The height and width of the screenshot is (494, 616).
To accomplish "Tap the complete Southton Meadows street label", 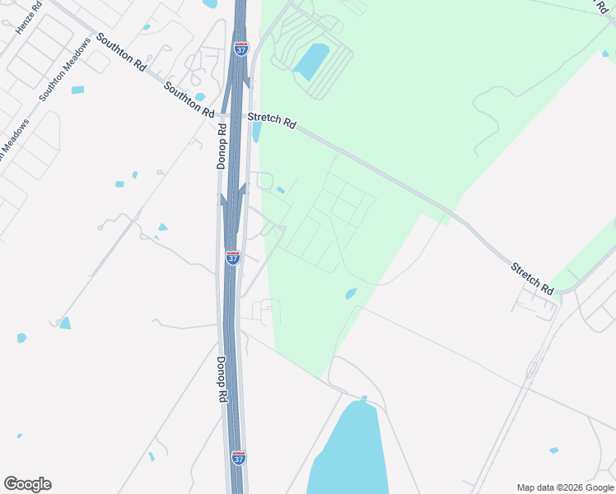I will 63,70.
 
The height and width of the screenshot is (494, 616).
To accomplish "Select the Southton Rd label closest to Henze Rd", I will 120,50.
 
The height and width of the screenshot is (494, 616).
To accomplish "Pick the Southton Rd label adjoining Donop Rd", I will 189,99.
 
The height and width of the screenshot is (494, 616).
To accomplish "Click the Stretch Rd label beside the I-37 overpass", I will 272,121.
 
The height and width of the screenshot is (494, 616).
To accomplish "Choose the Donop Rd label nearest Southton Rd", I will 222,147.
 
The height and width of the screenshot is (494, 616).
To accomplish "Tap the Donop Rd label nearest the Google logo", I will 222,380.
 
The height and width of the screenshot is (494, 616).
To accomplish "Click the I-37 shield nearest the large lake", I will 238,458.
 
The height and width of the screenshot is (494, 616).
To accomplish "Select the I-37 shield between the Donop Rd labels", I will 233,258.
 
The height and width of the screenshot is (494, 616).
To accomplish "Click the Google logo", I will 27,484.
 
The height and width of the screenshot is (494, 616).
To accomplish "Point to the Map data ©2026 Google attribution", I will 565,487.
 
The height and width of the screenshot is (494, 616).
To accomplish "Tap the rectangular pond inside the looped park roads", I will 311,62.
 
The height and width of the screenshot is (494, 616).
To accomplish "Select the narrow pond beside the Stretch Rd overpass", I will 256,132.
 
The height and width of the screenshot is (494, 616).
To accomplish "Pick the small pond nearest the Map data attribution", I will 553,450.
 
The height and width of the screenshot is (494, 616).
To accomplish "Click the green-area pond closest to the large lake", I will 351,293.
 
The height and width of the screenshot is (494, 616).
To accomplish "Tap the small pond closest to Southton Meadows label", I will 77,90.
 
